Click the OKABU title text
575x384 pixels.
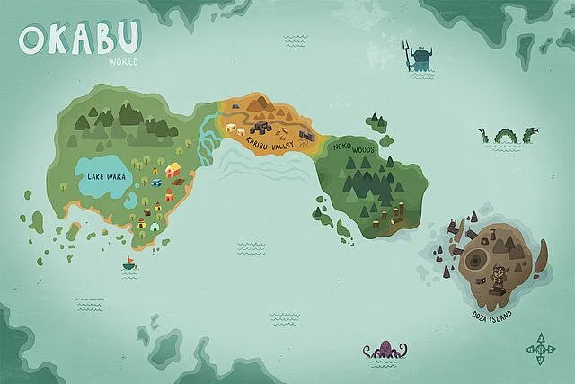click(80, 40)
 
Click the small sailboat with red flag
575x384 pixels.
click(130, 264)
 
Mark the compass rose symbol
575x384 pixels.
click(541, 348)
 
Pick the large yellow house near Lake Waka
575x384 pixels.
click(173, 169)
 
